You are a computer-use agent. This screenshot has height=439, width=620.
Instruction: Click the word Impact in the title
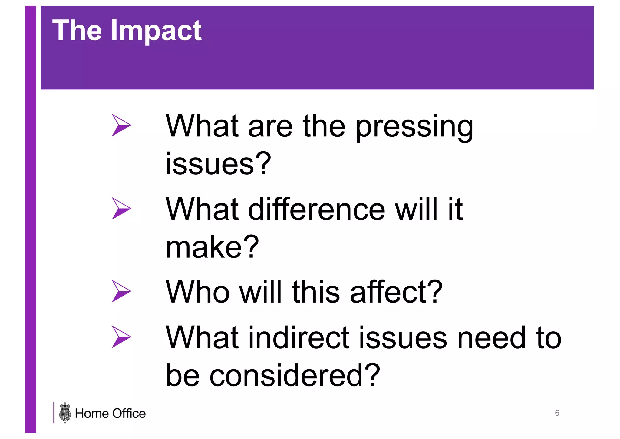click(x=156, y=31)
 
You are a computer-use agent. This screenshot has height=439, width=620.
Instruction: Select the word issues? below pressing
click(x=218, y=164)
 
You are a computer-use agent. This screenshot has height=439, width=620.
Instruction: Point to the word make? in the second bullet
click(x=212, y=247)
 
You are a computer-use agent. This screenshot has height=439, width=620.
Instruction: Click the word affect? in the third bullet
click(x=396, y=292)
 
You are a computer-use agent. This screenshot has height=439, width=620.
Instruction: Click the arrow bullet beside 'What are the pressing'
click(x=121, y=125)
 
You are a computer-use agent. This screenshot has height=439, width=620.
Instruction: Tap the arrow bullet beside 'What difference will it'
click(x=121, y=208)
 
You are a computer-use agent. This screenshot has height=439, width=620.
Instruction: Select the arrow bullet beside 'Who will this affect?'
click(x=121, y=291)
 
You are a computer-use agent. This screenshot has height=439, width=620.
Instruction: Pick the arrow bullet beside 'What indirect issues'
click(x=121, y=337)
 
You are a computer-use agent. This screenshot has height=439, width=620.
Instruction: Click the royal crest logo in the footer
click(x=65, y=413)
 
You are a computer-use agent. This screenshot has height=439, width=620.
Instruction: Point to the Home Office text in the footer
click(x=110, y=414)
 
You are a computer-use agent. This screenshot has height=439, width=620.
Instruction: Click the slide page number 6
click(x=557, y=413)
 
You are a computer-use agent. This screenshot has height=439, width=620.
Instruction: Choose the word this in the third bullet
click(x=316, y=292)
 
